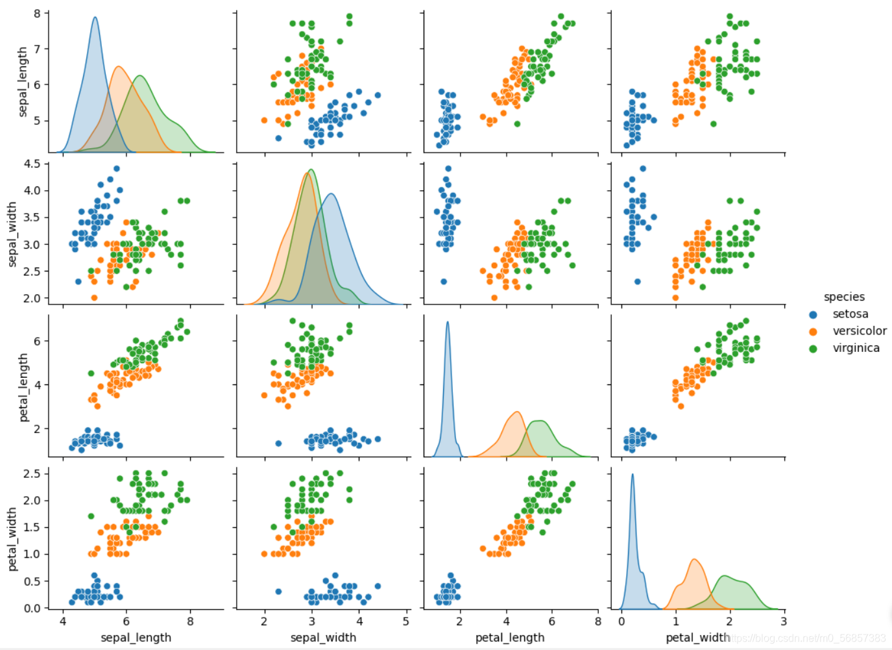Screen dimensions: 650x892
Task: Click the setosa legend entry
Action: coord(850,314)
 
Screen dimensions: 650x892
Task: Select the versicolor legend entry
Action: coord(859,331)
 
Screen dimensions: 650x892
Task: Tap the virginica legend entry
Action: coord(856,348)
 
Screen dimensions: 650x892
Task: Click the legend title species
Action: coord(844,297)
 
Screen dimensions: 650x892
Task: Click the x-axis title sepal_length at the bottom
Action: coord(136,638)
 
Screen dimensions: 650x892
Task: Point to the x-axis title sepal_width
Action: coord(323,638)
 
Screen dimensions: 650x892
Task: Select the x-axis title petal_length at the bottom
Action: coord(510,638)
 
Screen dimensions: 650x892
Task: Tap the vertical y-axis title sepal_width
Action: coord(12,234)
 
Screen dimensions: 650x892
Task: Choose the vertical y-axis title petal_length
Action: coord(23,387)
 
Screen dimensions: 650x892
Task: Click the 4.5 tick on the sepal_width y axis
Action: coord(32,164)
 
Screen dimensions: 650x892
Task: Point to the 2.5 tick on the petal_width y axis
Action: coord(32,473)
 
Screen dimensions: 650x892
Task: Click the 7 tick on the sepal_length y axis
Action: coord(37,49)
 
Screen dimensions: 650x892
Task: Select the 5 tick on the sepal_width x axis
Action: coord(406,621)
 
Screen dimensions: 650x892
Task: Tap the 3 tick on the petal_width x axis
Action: coord(784,621)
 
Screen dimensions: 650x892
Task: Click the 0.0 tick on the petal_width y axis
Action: coord(32,608)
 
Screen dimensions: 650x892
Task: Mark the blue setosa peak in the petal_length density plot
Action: coord(447,323)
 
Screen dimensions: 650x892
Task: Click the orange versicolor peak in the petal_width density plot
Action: coord(694,560)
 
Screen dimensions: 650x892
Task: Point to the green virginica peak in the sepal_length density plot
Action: coord(139,77)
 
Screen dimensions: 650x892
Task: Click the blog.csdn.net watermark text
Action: coord(808,638)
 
